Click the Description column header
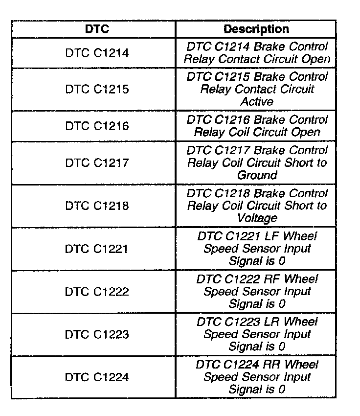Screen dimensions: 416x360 coord(256,29)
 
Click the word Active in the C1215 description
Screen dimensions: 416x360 coord(257,102)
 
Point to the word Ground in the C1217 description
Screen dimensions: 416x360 coord(257,175)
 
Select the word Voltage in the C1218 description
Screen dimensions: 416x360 coord(257,218)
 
